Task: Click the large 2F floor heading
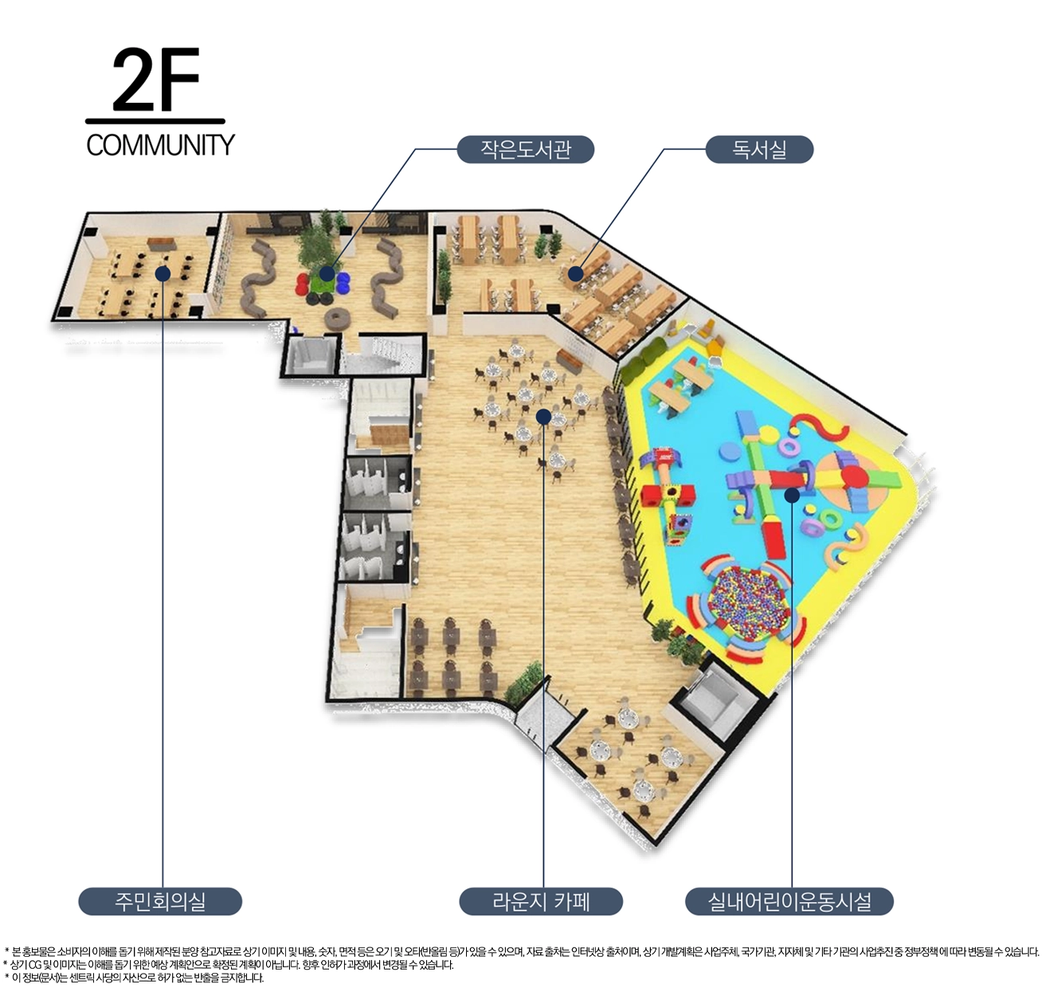[x=156, y=80]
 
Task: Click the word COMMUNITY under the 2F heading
[x=160, y=145]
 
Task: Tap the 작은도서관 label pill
[x=525, y=149]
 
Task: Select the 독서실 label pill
[x=759, y=149]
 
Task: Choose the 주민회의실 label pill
[x=160, y=901]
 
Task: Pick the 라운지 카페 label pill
[x=541, y=901]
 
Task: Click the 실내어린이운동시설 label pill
[x=789, y=901]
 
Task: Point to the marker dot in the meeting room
[x=163, y=273]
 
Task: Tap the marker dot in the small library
[x=327, y=273]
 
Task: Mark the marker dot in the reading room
[x=576, y=273]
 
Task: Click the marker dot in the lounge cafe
[x=543, y=417]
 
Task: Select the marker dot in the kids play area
[x=792, y=496]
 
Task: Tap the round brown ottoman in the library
[x=336, y=319]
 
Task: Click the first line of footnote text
[x=522, y=952]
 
